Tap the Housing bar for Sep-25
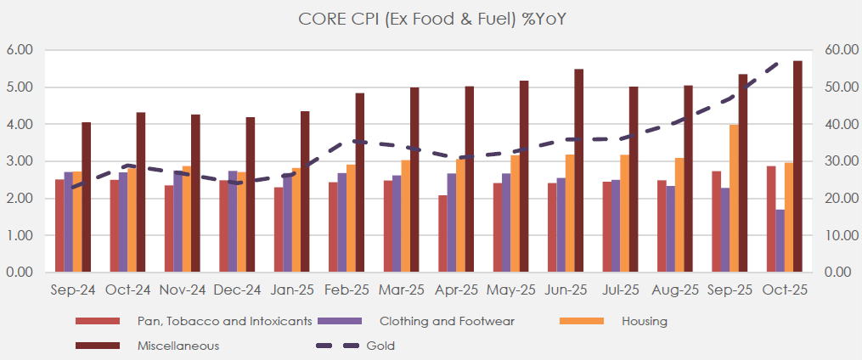coord(734,199)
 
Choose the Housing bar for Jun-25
coord(570,213)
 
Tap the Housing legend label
coord(644,321)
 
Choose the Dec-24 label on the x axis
coord(238,290)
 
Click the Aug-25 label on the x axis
coord(675,290)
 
